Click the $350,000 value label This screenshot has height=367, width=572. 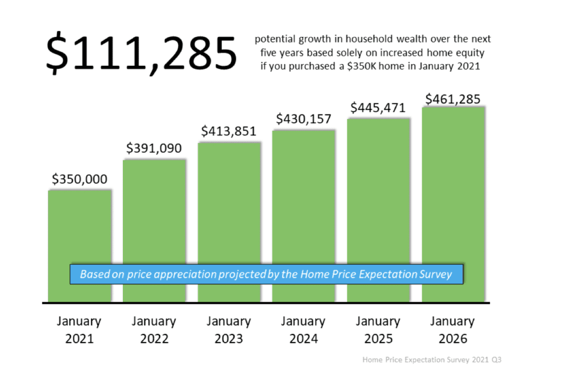click(x=79, y=179)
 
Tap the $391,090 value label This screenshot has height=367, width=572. click(x=154, y=149)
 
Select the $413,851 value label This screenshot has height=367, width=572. click(x=228, y=132)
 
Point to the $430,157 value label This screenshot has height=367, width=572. click(x=303, y=119)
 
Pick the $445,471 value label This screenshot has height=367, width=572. click(x=378, y=108)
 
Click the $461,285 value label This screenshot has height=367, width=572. click(x=453, y=99)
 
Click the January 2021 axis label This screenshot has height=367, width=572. click(x=79, y=330)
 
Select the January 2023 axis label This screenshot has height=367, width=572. click(x=228, y=330)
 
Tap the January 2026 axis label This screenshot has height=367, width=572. click(x=453, y=330)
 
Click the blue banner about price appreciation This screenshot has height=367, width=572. click(x=266, y=274)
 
